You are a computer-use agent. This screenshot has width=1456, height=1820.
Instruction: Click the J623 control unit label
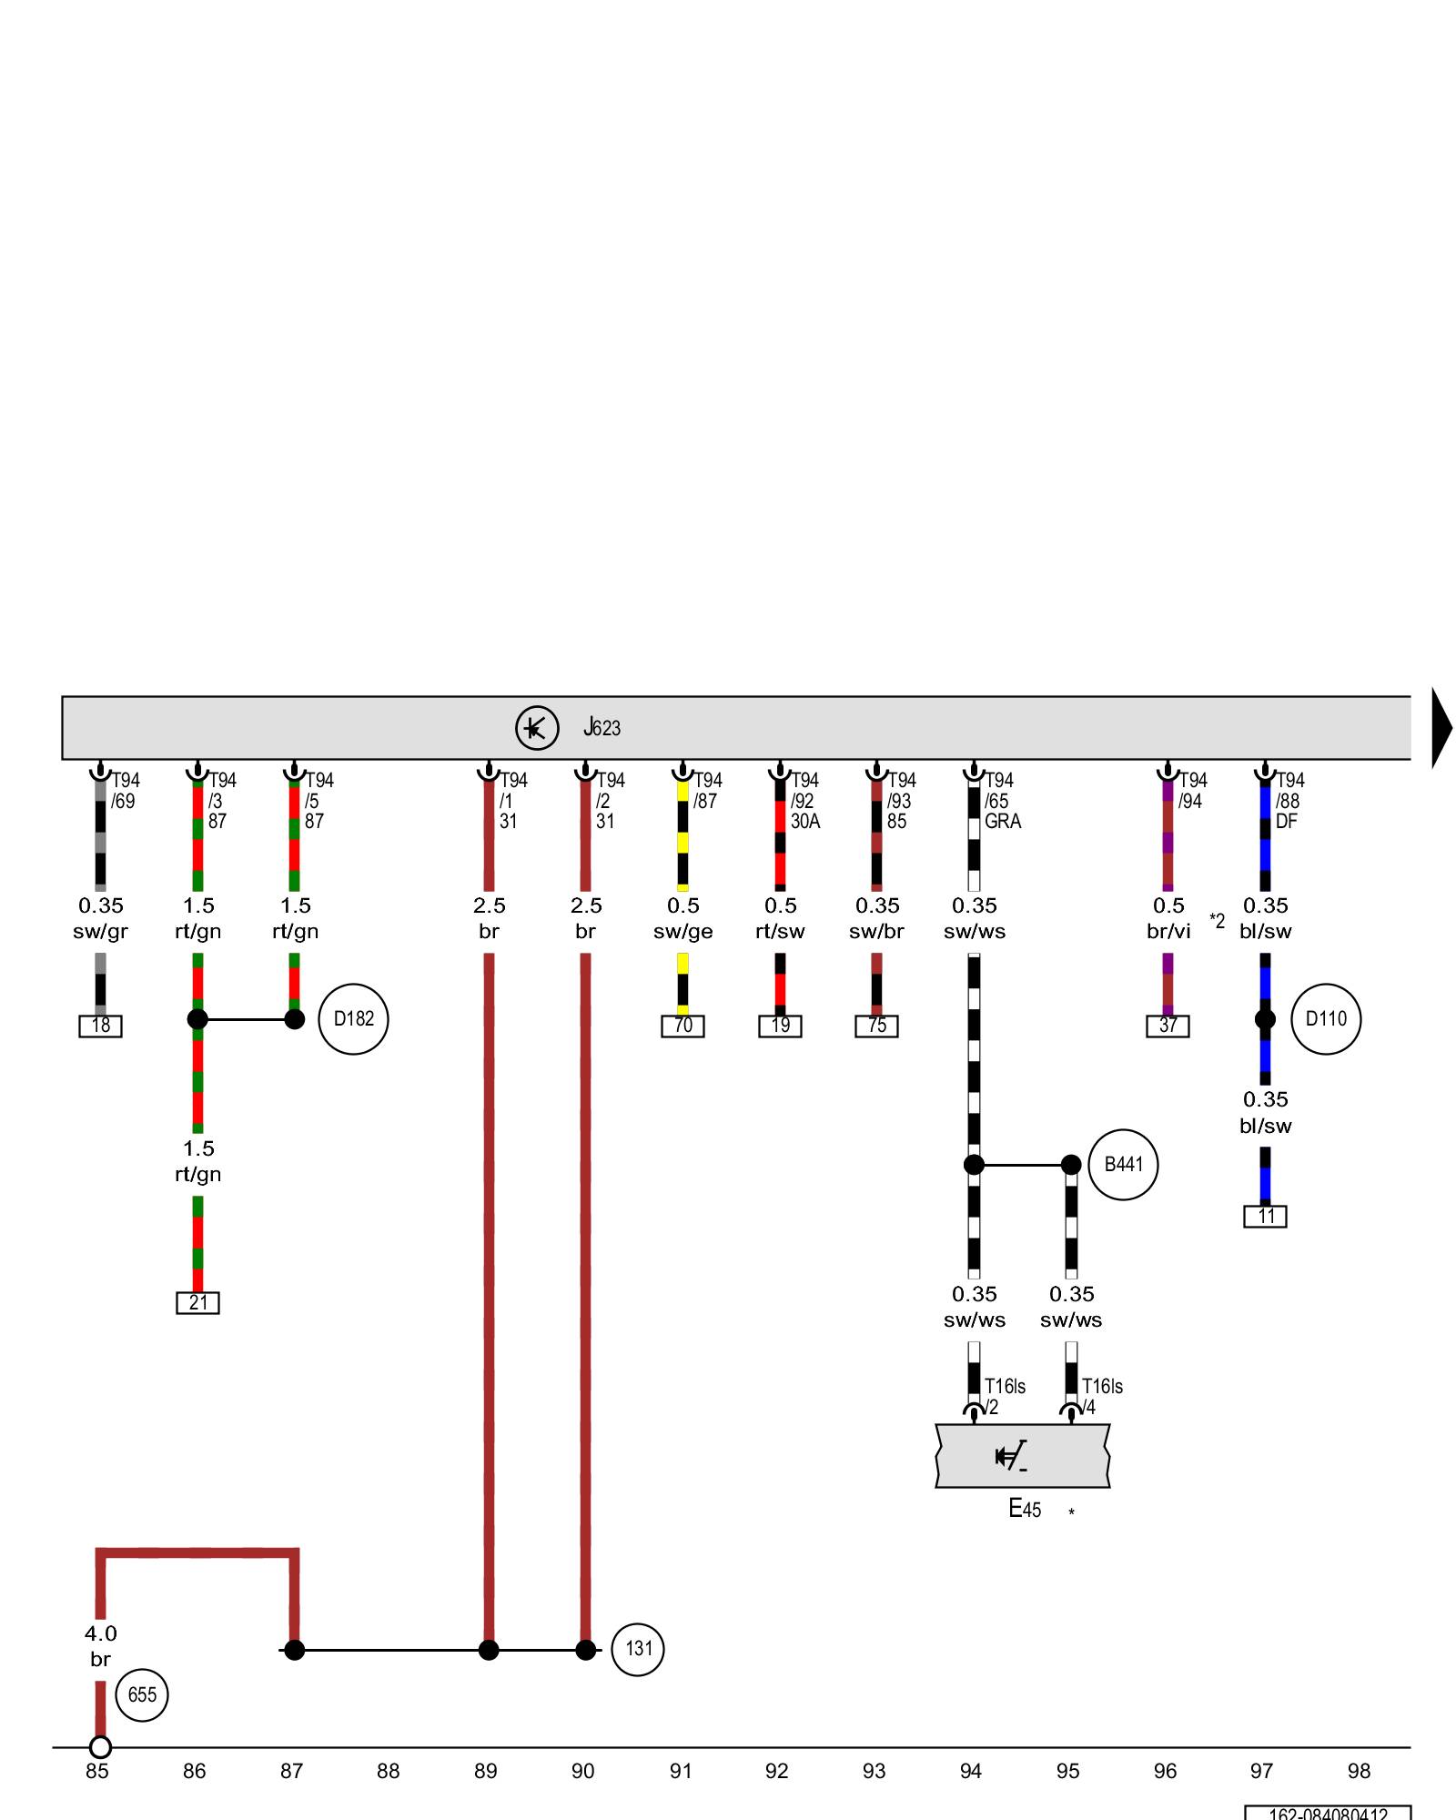602,728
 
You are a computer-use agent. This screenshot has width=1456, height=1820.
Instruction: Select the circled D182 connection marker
353,1019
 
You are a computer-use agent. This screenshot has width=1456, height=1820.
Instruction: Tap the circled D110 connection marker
1326,1019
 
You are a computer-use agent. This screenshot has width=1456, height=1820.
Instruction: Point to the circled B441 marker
1123,1165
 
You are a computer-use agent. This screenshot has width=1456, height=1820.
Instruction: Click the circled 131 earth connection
638,1649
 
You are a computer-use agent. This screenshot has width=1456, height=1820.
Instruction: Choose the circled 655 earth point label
142,1695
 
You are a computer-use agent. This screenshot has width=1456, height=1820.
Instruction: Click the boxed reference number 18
100,1026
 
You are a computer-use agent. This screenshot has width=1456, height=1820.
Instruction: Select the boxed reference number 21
197,1302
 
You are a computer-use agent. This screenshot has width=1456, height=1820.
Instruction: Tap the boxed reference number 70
682,1026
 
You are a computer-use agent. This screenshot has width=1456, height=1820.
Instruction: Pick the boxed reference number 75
876,1026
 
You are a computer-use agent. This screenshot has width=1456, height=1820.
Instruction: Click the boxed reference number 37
1168,1026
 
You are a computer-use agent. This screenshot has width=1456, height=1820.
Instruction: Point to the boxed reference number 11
1265,1217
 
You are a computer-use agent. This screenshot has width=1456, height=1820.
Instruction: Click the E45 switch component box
1023,1457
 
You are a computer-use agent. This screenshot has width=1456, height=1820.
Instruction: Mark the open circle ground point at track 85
100,1747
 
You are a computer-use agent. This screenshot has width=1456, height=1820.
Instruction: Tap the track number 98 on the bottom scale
1359,1771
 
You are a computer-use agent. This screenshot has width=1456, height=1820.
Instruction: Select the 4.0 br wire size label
100,1634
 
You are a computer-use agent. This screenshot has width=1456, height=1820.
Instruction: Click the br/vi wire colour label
1168,931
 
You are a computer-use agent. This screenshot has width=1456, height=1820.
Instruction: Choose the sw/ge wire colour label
682,931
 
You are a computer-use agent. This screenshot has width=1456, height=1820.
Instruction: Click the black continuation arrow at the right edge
1441,728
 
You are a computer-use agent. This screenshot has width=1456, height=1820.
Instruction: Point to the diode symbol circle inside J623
537,728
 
